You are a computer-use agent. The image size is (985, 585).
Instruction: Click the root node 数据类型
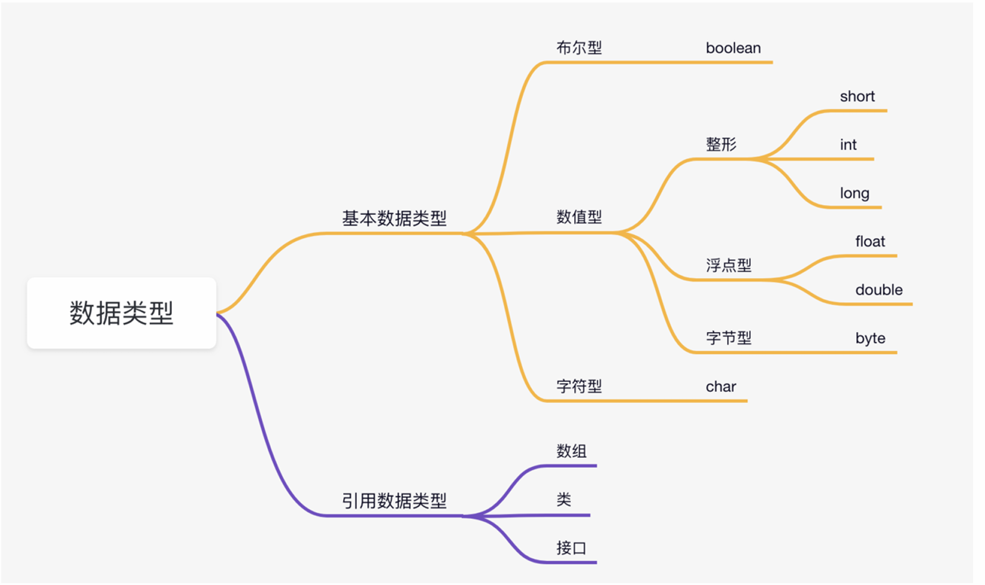[121, 313]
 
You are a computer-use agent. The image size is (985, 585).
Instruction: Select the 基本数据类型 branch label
[394, 218]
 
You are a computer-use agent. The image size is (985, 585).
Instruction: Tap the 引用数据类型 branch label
[394, 500]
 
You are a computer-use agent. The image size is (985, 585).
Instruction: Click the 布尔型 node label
[579, 48]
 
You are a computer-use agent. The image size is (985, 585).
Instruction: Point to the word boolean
[733, 48]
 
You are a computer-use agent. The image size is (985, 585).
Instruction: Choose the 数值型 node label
[579, 217]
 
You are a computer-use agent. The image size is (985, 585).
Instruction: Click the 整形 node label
[721, 145]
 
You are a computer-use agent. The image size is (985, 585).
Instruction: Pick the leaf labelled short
[857, 97]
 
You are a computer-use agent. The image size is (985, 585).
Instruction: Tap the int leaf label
[848, 145]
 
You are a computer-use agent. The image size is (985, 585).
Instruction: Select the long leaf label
[854, 193]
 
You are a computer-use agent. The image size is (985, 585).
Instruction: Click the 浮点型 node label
[728, 265]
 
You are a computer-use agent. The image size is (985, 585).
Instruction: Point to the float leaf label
[870, 242]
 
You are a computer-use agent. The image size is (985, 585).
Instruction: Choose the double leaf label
[879, 290]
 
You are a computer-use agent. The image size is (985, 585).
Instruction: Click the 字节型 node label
[728, 338]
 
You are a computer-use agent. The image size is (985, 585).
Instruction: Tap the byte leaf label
[870, 338]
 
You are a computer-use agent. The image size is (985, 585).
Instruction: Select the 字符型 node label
[579, 386]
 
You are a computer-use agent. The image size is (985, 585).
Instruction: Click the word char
[720, 386]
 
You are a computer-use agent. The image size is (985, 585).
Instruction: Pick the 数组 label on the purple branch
[572, 451]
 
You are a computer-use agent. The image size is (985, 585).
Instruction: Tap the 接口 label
[572, 548]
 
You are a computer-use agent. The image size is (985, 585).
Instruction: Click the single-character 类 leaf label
[563, 500]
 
